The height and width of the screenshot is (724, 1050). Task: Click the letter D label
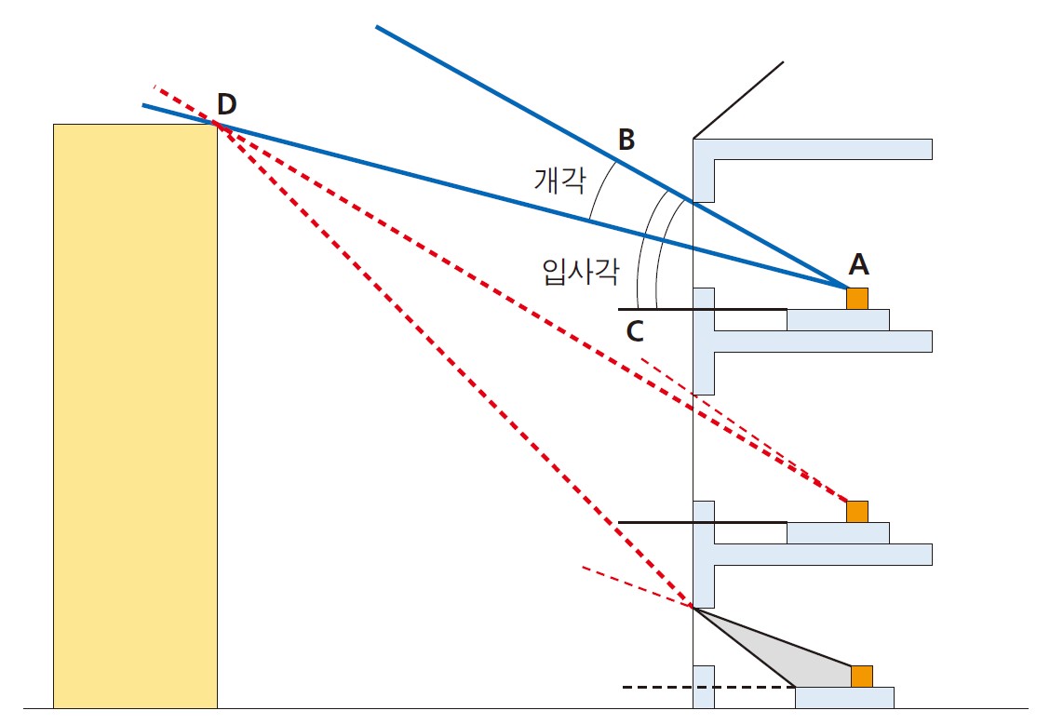pos(227,104)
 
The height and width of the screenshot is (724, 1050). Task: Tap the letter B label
pos(626,140)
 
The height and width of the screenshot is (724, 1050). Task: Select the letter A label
pos(858,264)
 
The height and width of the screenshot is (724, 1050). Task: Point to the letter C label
pos(635,331)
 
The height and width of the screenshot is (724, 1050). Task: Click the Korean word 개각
pos(559,180)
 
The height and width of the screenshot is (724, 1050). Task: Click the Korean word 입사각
pos(581,271)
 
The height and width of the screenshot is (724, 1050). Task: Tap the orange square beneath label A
pos(857,299)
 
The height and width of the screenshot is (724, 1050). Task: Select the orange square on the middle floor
pos(857,512)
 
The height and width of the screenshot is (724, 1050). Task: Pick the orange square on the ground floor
pos(862,677)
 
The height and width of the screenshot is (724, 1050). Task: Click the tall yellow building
pos(135,416)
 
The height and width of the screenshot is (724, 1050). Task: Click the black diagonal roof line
pos(738,101)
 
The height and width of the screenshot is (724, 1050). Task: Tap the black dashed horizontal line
pos(709,687)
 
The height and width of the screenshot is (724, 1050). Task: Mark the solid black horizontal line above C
pos(703,310)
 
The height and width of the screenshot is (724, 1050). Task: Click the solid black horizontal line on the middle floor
pos(703,522)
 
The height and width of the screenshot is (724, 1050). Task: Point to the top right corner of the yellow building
pos(217,124)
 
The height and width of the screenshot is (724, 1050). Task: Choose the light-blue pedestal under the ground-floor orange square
pos(844,698)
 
